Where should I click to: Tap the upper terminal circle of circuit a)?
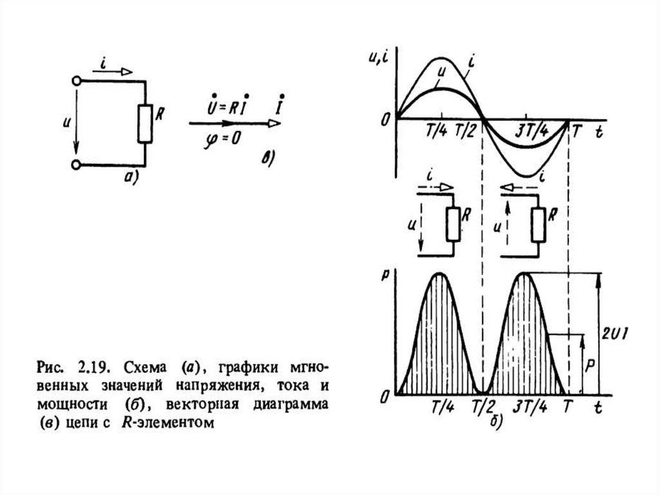[x=77, y=81]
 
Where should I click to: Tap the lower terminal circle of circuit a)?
[x=77, y=165]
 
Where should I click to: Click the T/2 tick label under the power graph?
[x=483, y=409]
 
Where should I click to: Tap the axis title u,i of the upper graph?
[x=378, y=57]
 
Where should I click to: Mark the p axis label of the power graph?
[x=385, y=273]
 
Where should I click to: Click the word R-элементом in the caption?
[x=173, y=424]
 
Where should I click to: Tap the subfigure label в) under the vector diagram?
[x=265, y=158]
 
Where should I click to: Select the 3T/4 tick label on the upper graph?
[x=533, y=131]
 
